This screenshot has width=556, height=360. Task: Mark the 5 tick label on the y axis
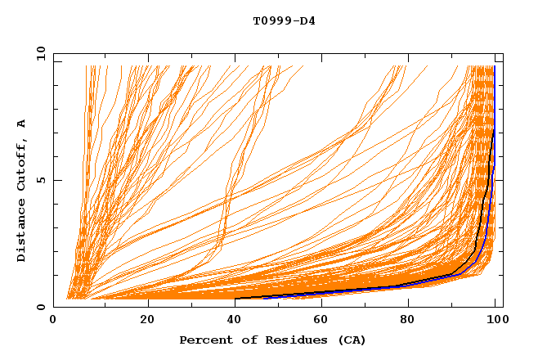tap(41, 180)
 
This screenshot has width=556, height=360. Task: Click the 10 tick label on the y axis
tap(38, 53)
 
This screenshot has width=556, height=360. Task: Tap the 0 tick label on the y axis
tap(41, 307)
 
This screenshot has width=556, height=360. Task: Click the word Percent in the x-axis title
tap(204, 340)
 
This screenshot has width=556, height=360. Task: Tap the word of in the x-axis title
tap(242, 340)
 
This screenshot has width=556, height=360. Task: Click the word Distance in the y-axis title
tap(21, 232)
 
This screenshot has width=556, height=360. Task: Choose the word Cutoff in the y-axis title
tap(21, 169)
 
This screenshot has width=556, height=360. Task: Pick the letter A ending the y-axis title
tap(21, 123)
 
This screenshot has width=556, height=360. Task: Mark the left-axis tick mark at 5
tap(56, 180)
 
